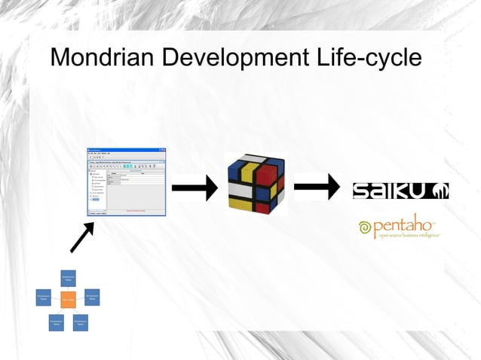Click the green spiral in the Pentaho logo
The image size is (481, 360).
click(x=366, y=227)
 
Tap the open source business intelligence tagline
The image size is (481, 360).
click(x=409, y=236)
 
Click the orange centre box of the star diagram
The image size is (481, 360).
click(x=69, y=299)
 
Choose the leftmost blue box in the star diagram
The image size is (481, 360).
click(x=44, y=297)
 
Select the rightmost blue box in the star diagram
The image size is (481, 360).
click(x=92, y=297)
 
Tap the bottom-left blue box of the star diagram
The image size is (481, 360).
click(x=55, y=322)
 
